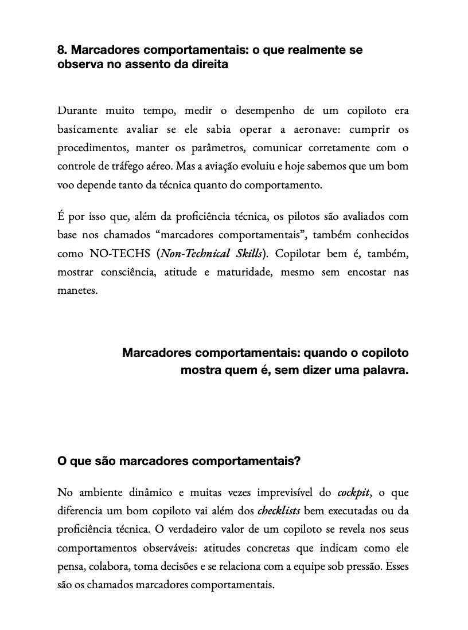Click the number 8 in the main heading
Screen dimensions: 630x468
point(61,50)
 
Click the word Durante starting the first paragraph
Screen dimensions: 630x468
point(77,111)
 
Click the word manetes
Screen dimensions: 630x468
point(77,290)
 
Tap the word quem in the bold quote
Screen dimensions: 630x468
point(232,370)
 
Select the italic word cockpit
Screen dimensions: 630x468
point(353,492)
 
